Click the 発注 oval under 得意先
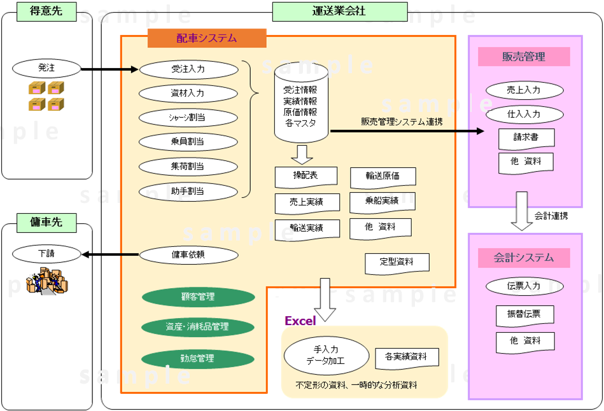coord(47,67)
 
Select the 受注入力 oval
coord(188,69)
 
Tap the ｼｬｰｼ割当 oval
coord(188,118)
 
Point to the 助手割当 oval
coord(188,191)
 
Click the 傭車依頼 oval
coord(188,255)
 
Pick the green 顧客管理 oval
coord(198,297)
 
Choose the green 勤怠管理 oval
coord(198,359)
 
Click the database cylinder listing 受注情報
coord(301,105)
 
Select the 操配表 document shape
coord(306,176)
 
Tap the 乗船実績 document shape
coord(383,202)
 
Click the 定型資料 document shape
coord(397,261)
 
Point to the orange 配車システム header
coord(207,38)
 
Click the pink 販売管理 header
coord(524,57)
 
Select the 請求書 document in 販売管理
coord(526,137)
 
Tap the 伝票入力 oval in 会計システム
coord(524,286)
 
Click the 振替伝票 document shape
coord(525,315)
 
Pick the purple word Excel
coord(300,321)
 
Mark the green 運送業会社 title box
coord(339,11)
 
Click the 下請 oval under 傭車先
coord(47,254)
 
